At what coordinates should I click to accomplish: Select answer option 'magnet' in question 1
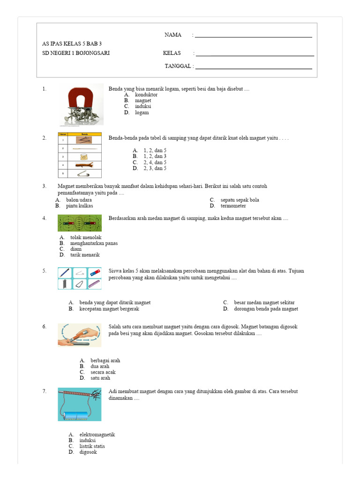[143, 100]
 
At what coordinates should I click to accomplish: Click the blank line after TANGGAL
[253, 67]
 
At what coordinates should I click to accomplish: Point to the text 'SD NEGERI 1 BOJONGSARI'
[76, 53]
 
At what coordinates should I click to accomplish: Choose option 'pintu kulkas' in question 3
[79, 206]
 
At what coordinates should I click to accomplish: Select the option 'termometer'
[233, 206]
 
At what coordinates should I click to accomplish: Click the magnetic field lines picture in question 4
[79, 223]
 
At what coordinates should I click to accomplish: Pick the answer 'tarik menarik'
[85, 255]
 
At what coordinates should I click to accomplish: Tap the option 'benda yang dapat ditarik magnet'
[115, 303]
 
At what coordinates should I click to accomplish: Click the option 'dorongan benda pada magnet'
[266, 309]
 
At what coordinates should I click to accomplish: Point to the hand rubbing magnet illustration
[79, 335]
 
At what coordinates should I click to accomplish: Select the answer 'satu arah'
[100, 378]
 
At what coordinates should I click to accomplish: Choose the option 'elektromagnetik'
[97, 435]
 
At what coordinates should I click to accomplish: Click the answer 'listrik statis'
[92, 446]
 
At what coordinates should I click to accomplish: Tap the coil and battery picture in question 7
[79, 404]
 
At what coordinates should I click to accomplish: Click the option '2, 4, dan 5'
[155, 162]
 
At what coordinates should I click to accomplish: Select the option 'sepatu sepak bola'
[240, 200]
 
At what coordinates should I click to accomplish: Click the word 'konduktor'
[146, 94]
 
